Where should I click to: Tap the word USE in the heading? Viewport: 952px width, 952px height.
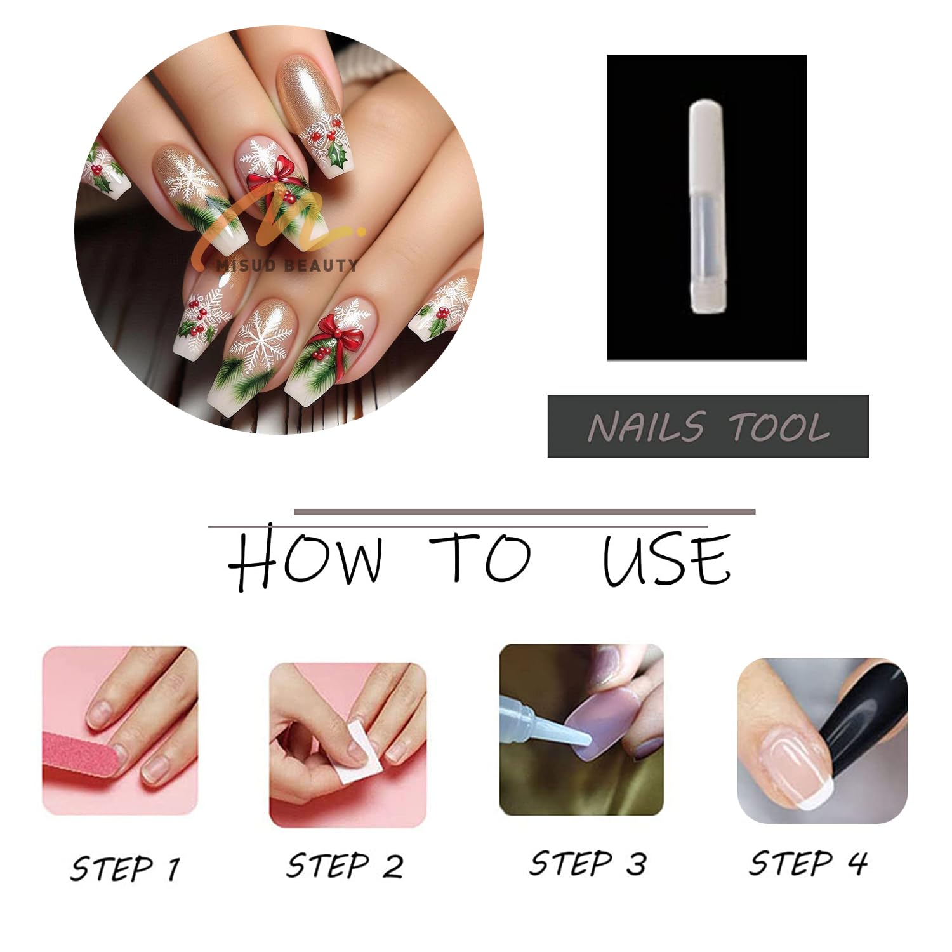point(666,559)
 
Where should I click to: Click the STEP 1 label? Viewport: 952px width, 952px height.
point(125,868)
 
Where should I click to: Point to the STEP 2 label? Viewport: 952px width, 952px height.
point(345,866)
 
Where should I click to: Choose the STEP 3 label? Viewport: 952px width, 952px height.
point(588,864)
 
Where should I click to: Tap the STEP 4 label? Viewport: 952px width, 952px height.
point(808,863)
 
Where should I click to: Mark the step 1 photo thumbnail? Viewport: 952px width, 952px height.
point(120,731)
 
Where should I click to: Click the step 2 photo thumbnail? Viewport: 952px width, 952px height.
point(348,745)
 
